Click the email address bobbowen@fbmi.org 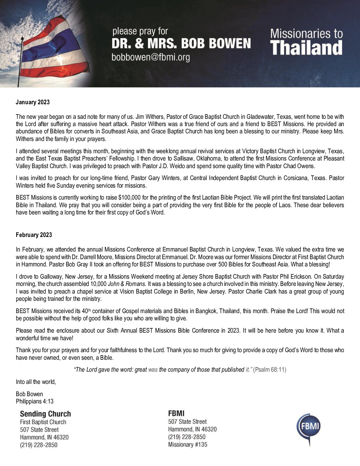coord(151,57)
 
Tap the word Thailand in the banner coord(306,48)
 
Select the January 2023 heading coord(33,102)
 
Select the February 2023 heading coord(34,235)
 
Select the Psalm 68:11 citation coord(270,370)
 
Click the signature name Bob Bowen coord(29,394)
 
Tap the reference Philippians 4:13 coord(35,401)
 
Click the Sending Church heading coord(45,414)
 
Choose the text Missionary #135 coord(188,444)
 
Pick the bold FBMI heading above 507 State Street coord(176,413)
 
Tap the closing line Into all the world coord(36,382)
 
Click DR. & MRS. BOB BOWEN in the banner coord(181,43)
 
